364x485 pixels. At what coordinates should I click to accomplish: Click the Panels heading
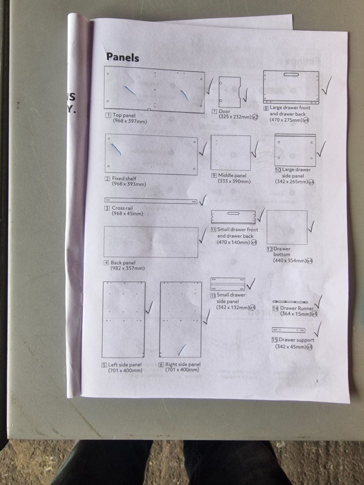pyautogui.click(x=123, y=57)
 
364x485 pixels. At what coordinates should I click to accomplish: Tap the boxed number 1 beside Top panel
pyautogui.click(x=108, y=115)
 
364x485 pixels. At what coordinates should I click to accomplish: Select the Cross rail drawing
pyautogui.click(x=151, y=201)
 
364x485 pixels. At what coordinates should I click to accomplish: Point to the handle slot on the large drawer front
pyautogui.click(x=291, y=75)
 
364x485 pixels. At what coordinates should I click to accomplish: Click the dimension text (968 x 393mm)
pyautogui.click(x=129, y=184)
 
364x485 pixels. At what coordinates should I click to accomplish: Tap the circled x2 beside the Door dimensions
pyautogui.click(x=255, y=117)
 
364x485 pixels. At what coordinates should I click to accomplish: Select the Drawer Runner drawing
pyautogui.click(x=290, y=302)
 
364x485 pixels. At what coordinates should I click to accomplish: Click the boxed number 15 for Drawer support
pyautogui.click(x=275, y=339)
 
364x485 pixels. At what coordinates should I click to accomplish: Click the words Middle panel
pyautogui.click(x=232, y=175)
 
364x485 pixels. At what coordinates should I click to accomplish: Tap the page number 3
pyautogui.click(x=317, y=381)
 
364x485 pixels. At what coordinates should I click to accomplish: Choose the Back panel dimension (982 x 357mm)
pyautogui.click(x=127, y=268)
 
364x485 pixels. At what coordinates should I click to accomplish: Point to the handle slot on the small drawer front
pyautogui.click(x=233, y=213)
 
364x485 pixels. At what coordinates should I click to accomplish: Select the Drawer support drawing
pyautogui.click(x=289, y=330)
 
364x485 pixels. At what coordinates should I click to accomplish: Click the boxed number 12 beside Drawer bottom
pyautogui.click(x=270, y=249)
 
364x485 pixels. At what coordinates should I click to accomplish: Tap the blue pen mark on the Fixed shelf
pyautogui.click(x=116, y=149)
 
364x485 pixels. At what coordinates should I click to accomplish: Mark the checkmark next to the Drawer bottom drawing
pyautogui.click(x=311, y=226)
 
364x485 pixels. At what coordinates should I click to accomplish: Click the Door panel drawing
pyautogui.click(x=230, y=92)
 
